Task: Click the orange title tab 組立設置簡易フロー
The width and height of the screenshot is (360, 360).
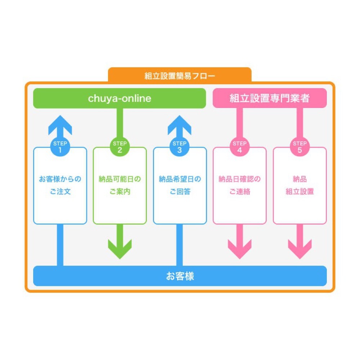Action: click(180, 75)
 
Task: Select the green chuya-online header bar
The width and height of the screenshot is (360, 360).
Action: click(120, 98)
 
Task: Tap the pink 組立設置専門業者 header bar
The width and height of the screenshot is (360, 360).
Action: click(270, 98)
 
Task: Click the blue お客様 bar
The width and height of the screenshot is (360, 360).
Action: click(180, 276)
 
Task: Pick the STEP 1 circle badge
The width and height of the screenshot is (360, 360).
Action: click(60, 147)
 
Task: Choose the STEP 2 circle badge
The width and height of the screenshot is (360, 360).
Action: click(120, 147)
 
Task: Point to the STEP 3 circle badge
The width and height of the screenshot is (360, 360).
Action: click(180, 147)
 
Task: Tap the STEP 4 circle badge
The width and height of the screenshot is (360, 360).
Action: click(240, 147)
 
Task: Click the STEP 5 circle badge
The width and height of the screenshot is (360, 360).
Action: click(300, 147)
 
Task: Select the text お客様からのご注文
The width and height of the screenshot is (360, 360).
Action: click(60, 185)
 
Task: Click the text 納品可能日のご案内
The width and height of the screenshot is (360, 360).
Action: click(120, 185)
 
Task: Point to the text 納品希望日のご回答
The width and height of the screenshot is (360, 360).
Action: click(180, 185)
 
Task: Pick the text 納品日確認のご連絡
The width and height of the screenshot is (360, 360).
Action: click(240, 185)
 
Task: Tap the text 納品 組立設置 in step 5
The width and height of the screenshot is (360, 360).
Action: click(300, 185)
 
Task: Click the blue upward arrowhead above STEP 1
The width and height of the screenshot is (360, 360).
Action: click(60, 125)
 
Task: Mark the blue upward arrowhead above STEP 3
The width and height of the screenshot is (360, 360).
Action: click(180, 125)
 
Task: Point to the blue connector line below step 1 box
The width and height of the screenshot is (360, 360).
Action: click(60, 245)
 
